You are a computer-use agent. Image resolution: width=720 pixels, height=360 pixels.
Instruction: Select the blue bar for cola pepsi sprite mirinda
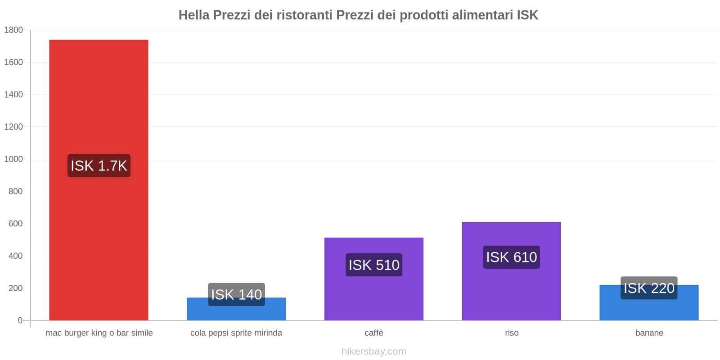(x=236, y=313)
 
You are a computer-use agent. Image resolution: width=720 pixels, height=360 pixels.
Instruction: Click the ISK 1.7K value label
(x=99, y=166)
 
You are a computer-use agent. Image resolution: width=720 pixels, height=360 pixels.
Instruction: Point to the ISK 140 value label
(x=236, y=294)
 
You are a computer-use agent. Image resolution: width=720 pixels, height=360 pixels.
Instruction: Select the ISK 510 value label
(x=373, y=265)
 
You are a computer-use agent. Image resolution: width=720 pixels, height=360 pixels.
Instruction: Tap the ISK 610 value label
(x=511, y=257)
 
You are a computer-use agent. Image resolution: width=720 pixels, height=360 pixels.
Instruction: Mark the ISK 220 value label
(x=648, y=288)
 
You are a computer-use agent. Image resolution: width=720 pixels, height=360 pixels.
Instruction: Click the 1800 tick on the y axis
(x=13, y=30)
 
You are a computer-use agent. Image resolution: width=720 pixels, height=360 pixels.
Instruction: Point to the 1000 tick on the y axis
(x=13, y=159)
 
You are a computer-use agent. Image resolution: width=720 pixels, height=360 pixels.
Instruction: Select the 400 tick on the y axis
(x=15, y=256)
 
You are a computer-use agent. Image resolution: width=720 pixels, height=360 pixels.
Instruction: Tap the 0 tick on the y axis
(x=20, y=320)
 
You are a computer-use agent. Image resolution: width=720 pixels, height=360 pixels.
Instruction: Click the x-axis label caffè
(x=373, y=333)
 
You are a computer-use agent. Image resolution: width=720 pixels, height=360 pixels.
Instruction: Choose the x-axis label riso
(x=511, y=333)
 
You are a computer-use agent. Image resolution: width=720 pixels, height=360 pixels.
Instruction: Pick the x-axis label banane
(x=649, y=333)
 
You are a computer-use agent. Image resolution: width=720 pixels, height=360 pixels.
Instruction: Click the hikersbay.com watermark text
(x=373, y=351)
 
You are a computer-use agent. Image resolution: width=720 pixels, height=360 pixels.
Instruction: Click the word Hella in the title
(x=194, y=15)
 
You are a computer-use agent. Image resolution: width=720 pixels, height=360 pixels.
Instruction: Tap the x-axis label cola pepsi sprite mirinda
(x=236, y=333)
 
